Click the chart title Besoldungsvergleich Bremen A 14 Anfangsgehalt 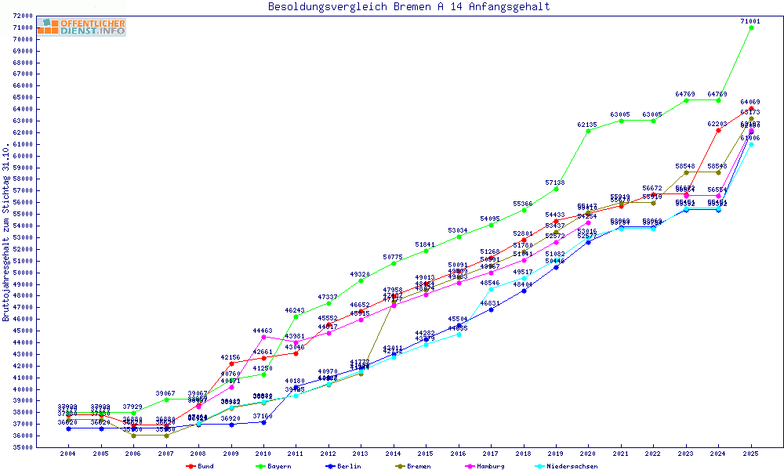408,7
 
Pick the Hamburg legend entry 475,466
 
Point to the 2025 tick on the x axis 751,454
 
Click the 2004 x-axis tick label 67,454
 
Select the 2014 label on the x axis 393,454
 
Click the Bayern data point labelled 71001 751,27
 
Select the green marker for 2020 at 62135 588,131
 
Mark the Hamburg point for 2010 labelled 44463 263,337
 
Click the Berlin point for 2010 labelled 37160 263,422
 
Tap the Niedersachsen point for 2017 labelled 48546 491,289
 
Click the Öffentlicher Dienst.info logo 82,27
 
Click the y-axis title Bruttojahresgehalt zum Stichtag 7,232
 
